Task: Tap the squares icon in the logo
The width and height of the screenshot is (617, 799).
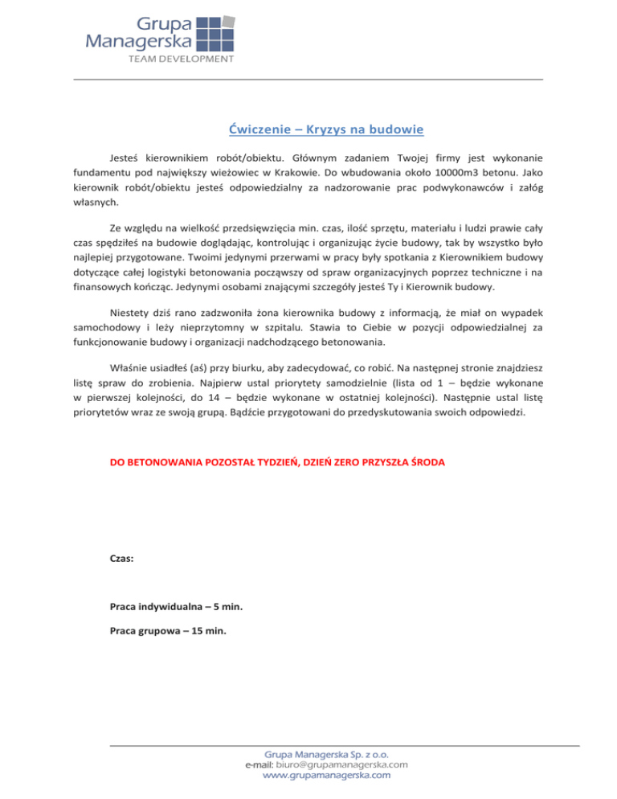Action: click(215, 33)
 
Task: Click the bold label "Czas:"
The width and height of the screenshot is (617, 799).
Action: click(121, 555)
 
